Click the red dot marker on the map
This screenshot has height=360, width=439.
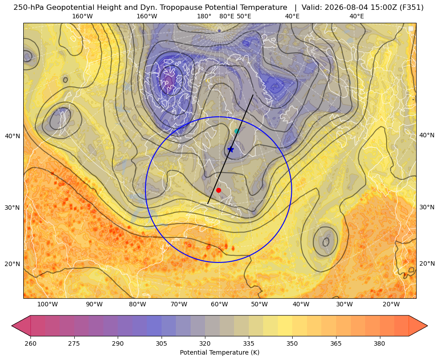219,190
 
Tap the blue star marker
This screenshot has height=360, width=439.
230,149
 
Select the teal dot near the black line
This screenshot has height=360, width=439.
237,131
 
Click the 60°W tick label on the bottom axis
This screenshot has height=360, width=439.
219,305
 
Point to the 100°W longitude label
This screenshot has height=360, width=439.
47,305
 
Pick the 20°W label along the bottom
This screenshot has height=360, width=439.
391,305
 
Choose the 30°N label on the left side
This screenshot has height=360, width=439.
13,208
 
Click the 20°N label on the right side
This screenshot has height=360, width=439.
427,263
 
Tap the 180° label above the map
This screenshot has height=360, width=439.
204,16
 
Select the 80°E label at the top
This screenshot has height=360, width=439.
226,16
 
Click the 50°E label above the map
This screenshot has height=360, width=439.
244,16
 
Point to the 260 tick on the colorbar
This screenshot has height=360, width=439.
30,343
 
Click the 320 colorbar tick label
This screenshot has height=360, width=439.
205,343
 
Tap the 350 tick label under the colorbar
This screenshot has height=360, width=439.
292,343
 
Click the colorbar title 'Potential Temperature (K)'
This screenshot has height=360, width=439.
219,352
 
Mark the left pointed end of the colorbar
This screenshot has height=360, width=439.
12,326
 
